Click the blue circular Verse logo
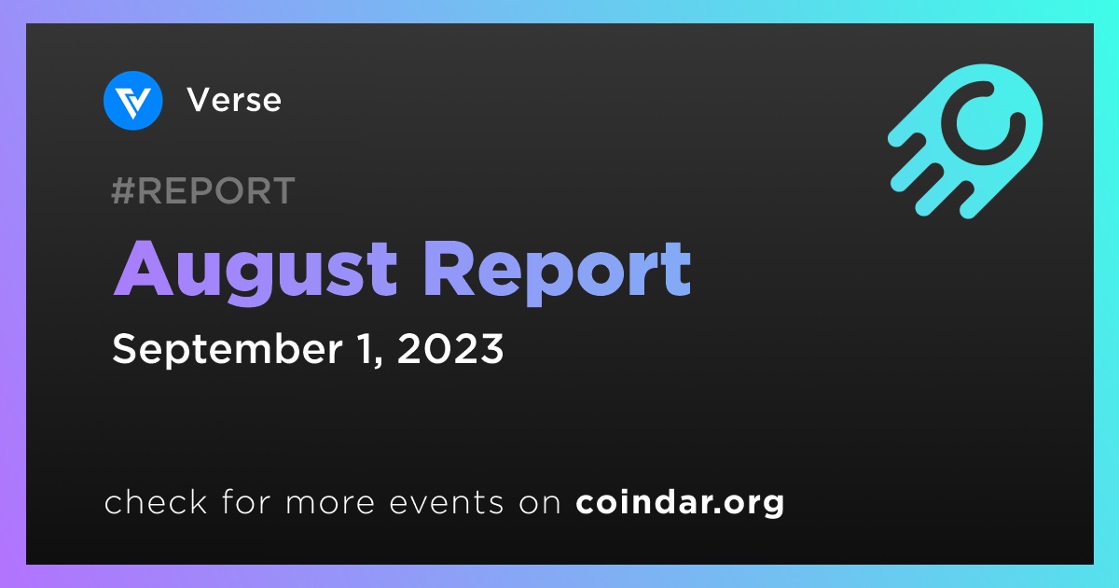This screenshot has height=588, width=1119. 132,101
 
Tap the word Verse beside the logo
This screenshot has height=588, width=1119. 234,100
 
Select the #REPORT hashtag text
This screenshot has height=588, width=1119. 203,190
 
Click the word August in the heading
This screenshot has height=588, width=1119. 256,271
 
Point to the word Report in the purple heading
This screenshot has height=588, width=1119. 558,271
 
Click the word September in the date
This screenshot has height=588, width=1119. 228,349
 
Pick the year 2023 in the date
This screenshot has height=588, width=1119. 450,348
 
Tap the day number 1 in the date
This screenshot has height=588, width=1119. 366,348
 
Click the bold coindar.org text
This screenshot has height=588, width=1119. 680,502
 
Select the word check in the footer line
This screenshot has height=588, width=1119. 156,501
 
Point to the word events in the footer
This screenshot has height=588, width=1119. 447,502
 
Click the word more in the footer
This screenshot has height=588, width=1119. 330,503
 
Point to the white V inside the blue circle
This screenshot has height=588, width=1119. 132,103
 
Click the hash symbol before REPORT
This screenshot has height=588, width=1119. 123,190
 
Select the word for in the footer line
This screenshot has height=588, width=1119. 246,501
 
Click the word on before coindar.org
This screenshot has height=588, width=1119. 540,503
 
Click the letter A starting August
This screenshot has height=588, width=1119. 144,269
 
